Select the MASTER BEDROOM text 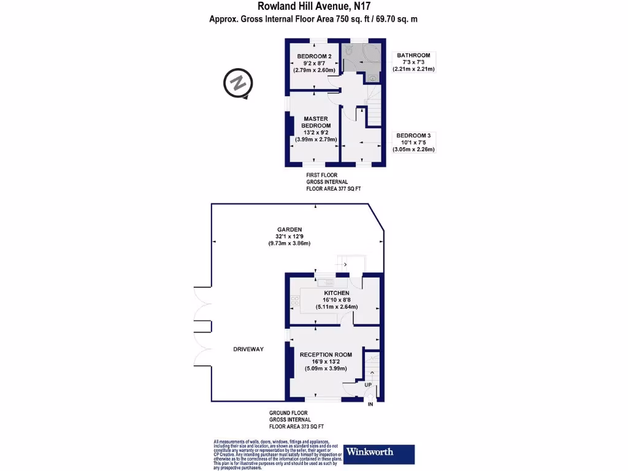click(316, 122)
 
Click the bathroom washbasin click(372, 77)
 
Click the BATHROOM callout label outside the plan click(413, 55)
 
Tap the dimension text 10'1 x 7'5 click(415, 142)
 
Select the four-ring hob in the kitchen click(294, 301)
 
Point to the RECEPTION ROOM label click(326, 354)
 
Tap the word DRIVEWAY click(248, 349)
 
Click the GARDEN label click(288, 229)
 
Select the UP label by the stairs click(369, 385)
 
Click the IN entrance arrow click(370, 404)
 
